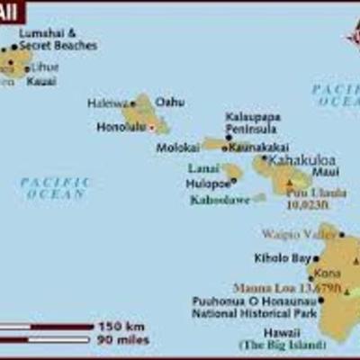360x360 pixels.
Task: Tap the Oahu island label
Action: click(170, 102)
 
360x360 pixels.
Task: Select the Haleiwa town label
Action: click(106, 103)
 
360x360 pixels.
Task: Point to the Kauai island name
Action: click(40, 81)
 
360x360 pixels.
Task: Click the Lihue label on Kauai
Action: click(44, 67)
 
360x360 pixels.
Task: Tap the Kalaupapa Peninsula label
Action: click(252, 123)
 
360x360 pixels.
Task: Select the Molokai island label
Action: click(178, 146)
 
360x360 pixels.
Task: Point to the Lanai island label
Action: click(203, 168)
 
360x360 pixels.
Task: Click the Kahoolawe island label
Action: click(220, 200)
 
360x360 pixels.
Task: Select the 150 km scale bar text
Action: click(121, 326)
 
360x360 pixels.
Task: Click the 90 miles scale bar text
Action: click(124, 339)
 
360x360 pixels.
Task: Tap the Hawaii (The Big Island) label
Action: click(267, 338)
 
